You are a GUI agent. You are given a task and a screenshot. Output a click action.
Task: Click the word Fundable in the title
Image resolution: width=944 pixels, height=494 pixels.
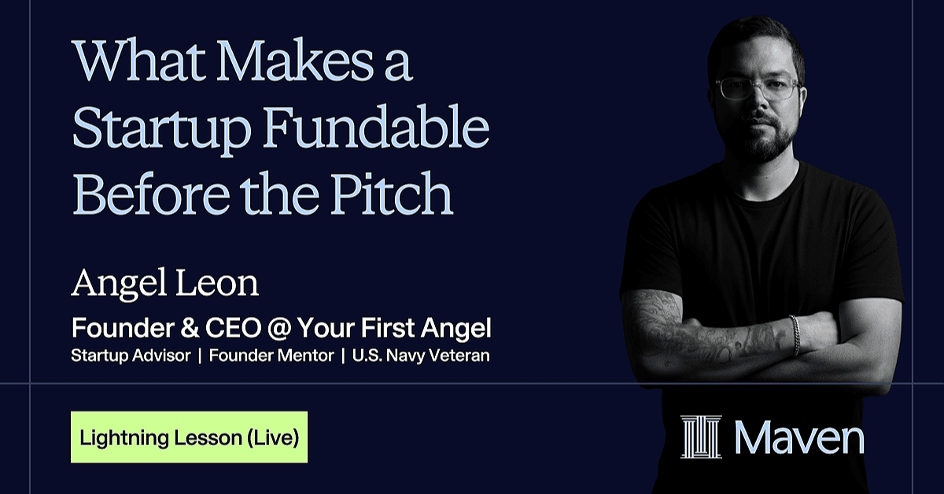[375, 127]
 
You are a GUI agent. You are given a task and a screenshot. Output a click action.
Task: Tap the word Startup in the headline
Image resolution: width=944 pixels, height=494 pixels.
[162, 131]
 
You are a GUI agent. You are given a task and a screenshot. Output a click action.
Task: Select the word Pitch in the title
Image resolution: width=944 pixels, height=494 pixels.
[392, 193]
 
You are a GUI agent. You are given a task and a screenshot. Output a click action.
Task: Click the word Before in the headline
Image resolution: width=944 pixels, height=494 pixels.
[151, 193]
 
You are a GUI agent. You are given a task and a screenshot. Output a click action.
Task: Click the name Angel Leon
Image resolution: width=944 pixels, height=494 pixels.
[164, 284]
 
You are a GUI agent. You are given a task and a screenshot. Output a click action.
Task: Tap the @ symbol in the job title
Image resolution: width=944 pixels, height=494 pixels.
[279, 328]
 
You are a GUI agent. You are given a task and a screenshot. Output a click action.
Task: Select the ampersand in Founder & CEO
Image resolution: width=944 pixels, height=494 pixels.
[190, 328]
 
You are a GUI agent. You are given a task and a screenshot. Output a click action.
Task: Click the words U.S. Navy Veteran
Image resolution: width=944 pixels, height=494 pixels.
[421, 356]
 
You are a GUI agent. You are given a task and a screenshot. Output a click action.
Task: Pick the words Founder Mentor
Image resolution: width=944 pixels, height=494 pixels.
[271, 356]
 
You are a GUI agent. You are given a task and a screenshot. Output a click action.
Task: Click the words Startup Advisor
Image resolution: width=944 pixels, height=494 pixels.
[131, 356]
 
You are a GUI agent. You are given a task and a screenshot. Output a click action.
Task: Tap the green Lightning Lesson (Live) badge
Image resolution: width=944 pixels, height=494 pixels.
[190, 437]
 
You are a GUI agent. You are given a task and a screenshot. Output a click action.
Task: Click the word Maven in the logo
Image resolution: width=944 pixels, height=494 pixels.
[799, 437]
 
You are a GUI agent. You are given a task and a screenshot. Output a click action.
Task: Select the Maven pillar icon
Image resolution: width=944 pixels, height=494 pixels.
[701, 437]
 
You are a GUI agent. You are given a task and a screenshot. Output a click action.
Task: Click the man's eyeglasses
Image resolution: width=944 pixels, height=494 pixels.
[758, 88]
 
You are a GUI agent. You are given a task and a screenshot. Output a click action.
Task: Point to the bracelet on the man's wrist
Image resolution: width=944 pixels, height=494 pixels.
[795, 335]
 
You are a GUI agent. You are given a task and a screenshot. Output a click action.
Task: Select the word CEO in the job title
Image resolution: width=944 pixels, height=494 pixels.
[234, 328]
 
